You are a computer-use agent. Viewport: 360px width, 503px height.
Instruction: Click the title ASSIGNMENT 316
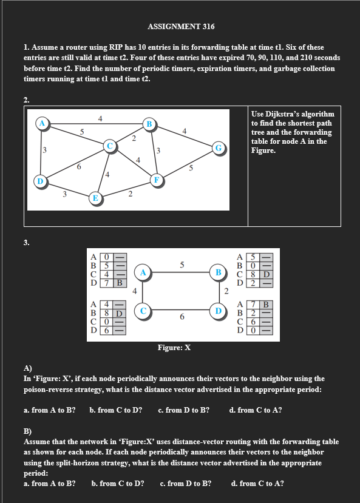point(181,27)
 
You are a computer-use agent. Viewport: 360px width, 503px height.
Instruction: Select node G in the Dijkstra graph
point(218,147)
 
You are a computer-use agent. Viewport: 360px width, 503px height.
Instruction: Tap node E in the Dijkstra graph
point(95,198)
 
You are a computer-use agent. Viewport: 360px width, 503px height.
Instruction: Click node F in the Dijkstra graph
point(156,179)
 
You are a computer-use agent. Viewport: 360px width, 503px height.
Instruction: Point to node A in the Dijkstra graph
point(41,123)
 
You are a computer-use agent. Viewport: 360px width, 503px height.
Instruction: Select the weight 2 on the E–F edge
point(130,194)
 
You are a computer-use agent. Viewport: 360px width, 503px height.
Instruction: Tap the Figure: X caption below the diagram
point(174,348)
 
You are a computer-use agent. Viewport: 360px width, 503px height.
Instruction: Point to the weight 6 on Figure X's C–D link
point(181,317)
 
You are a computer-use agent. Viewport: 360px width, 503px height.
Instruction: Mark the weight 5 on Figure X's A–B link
point(182,264)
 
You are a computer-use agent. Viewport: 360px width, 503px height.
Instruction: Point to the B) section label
point(27,431)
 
